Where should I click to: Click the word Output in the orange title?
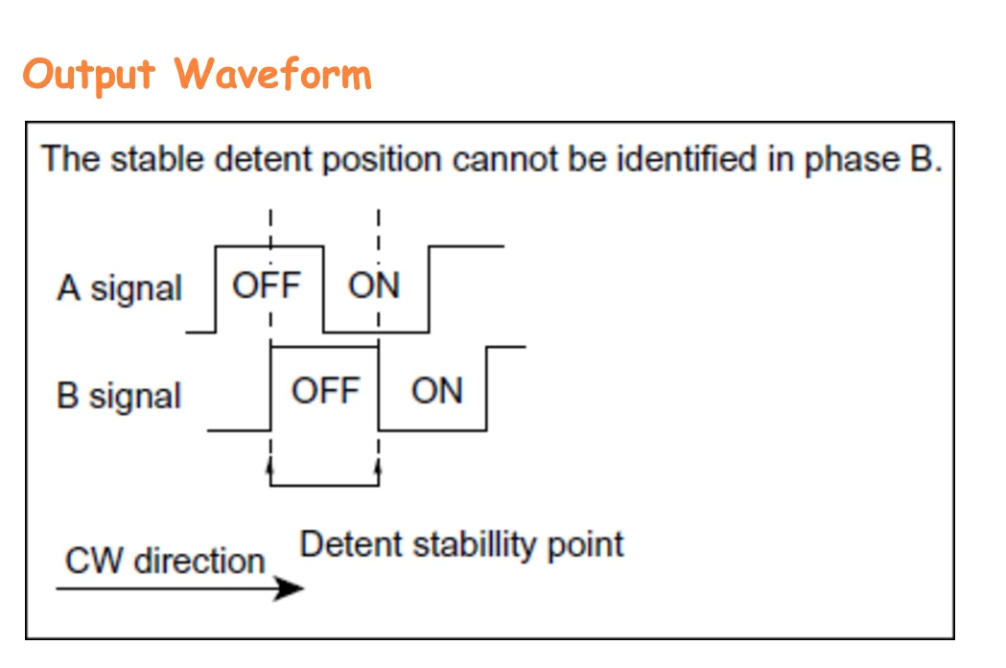pyautogui.click(x=89, y=74)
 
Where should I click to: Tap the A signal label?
pyautogui.click(x=119, y=288)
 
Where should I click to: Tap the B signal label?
pyautogui.click(x=119, y=396)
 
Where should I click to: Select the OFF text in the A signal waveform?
pyautogui.click(x=267, y=286)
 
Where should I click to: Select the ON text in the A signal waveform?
pyautogui.click(x=374, y=286)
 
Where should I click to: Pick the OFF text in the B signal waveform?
pyautogui.click(x=325, y=391)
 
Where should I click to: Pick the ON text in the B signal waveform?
pyautogui.click(x=436, y=391)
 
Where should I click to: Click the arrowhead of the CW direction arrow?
pyautogui.click(x=289, y=588)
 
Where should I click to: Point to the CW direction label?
pyautogui.click(x=164, y=561)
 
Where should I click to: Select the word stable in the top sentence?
pyautogui.click(x=159, y=158)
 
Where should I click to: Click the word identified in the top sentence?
pyautogui.click(x=689, y=158)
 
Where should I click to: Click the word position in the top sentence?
pyautogui.click(x=381, y=160)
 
